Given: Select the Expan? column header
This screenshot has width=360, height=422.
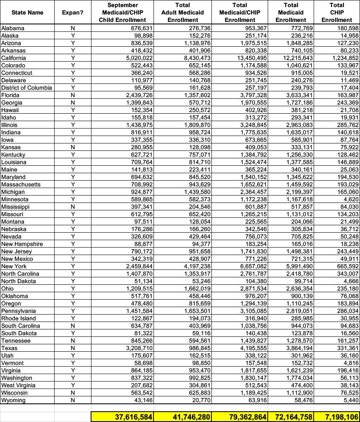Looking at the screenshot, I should (x=72, y=12).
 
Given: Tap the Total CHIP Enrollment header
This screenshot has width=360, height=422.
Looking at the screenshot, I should (x=336, y=12).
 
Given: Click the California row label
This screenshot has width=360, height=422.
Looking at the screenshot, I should (x=14, y=58).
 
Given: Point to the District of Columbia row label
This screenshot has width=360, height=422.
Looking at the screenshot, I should (x=26, y=88).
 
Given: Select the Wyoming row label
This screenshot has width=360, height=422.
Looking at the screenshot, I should (x=13, y=400).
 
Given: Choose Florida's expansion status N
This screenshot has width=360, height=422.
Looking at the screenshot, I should (x=73, y=95).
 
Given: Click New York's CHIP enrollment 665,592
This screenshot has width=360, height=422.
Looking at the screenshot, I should (x=347, y=266).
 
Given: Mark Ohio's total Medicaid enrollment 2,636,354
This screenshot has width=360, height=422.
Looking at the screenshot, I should (x=298, y=288).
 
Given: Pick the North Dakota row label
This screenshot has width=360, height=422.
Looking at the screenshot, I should (x=19, y=281).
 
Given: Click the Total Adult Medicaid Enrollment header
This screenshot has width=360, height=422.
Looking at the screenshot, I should (x=182, y=12).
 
